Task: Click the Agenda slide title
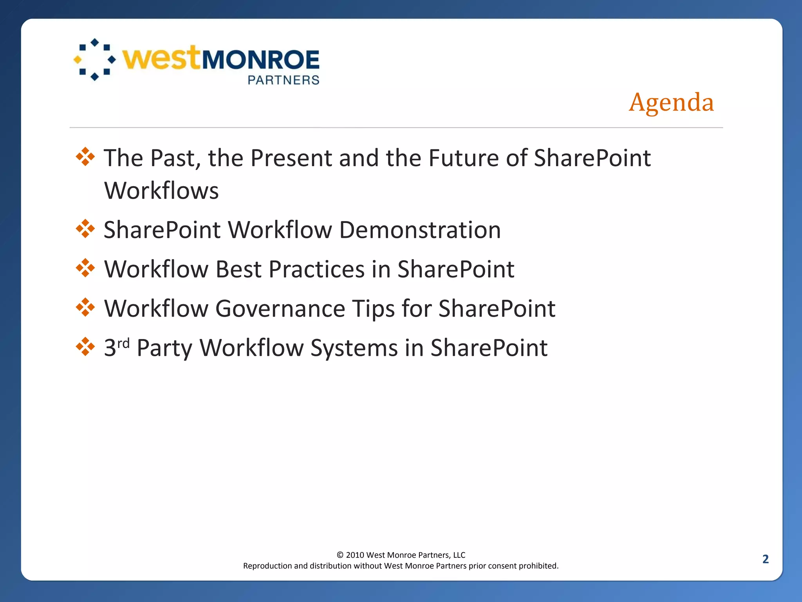point(671,103)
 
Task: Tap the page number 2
point(765,559)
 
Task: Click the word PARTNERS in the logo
point(284,80)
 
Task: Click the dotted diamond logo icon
point(95,60)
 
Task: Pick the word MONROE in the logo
point(260,60)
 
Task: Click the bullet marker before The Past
point(85,157)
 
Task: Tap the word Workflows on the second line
point(161,191)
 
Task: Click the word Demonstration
point(420,230)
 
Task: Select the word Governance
point(280,308)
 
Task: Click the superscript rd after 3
point(123,343)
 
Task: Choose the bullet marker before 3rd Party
point(85,347)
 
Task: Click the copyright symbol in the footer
point(340,555)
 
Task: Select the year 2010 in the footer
point(355,555)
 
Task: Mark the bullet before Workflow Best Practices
point(85,268)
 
